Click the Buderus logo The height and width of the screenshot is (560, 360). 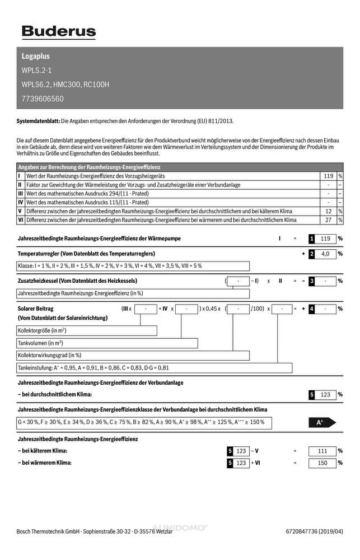(58, 32)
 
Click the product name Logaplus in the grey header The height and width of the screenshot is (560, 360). (35, 57)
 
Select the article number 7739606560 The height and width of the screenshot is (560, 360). (43, 99)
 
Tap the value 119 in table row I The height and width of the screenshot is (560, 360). (329, 176)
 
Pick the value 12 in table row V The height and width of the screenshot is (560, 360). (329, 211)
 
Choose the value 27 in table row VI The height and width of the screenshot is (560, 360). (329, 220)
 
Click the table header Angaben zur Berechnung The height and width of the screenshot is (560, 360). (89, 167)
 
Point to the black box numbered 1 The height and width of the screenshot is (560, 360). (312, 239)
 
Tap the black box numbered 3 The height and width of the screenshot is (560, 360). (312, 281)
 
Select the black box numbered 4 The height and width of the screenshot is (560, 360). (312, 309)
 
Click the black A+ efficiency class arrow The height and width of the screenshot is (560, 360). (321, 423)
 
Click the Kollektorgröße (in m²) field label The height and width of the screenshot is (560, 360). (43, 331)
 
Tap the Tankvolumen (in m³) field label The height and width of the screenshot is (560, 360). (40, 343)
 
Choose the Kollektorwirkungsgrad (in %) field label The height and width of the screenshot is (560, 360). (50, 355)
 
